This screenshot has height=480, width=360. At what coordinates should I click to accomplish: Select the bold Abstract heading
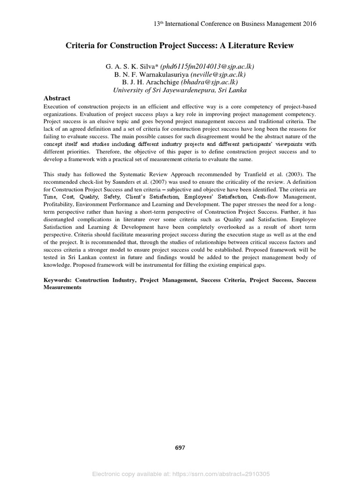[57, 98]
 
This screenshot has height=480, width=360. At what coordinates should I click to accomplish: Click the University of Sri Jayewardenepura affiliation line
[180, 90]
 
